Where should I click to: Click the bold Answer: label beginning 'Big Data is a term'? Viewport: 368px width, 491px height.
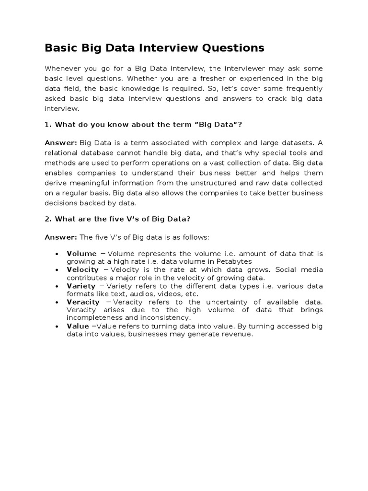click(x=61, y=142)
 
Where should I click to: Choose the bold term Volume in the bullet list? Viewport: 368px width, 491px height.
click(x=82, y=254)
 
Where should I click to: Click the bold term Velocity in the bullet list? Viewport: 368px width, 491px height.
click(x=83, y=269)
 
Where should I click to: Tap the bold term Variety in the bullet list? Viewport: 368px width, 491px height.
click(x=81, y=286)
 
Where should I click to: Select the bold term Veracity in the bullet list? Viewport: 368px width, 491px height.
click(x=83, y=302)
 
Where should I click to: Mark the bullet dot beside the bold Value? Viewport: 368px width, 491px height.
click(x=57, y=326)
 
